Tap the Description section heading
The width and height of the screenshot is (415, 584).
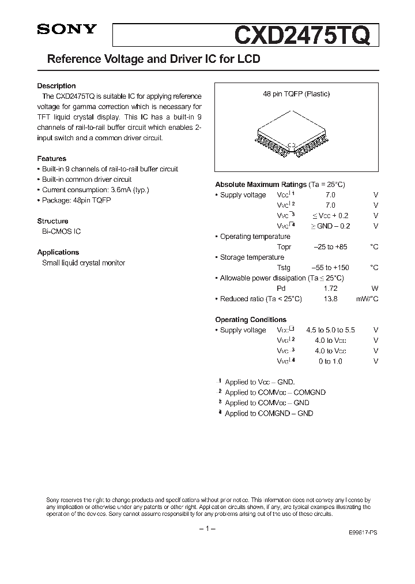coord(56,86)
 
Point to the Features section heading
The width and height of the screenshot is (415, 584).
coord(52,159)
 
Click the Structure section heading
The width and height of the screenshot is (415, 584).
coord(53,221)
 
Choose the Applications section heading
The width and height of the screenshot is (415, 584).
coord(58,252)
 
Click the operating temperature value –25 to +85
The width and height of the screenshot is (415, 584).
coord(330,247)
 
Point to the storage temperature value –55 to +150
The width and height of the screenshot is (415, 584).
coord(330,268)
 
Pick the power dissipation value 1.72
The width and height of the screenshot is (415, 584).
coord(330,289)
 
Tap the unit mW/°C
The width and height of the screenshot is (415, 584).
coord(367,299)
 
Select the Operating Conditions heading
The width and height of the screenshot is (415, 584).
coord(251,320)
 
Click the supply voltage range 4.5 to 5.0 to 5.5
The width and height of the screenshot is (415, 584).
coord(330,330)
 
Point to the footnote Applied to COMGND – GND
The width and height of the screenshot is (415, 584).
coord(269,413)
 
